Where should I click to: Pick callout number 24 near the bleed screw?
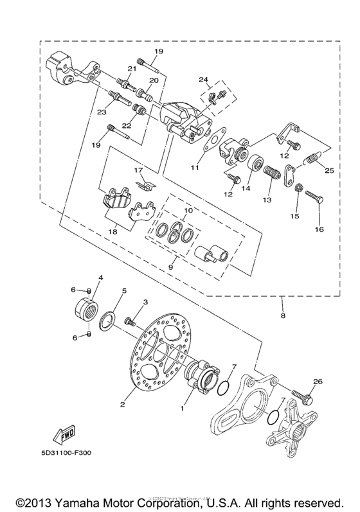(204, 80)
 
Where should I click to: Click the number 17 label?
(137, 170)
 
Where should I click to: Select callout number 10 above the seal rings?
(187, 211)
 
